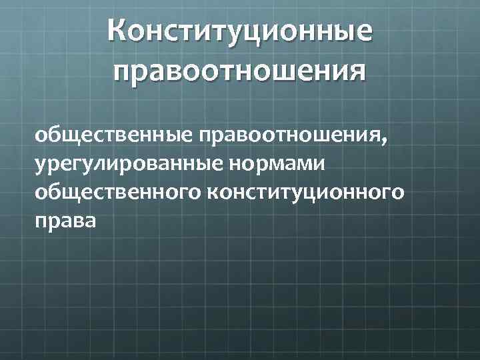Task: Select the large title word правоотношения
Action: pyautogui.click(x=240, y=70)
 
